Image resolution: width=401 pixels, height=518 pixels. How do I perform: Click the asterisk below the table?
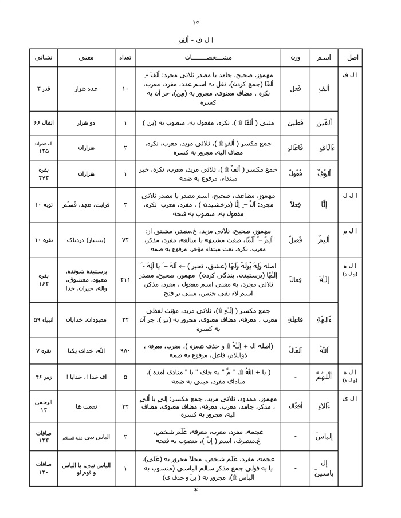(196, 491)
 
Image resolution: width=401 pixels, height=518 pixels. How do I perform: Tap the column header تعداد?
(125, 58)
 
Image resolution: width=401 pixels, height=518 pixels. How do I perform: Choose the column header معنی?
(85, 58)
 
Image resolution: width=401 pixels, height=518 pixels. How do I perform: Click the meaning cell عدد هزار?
(85, 89)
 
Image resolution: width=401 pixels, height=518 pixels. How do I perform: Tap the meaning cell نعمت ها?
(85, 407)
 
